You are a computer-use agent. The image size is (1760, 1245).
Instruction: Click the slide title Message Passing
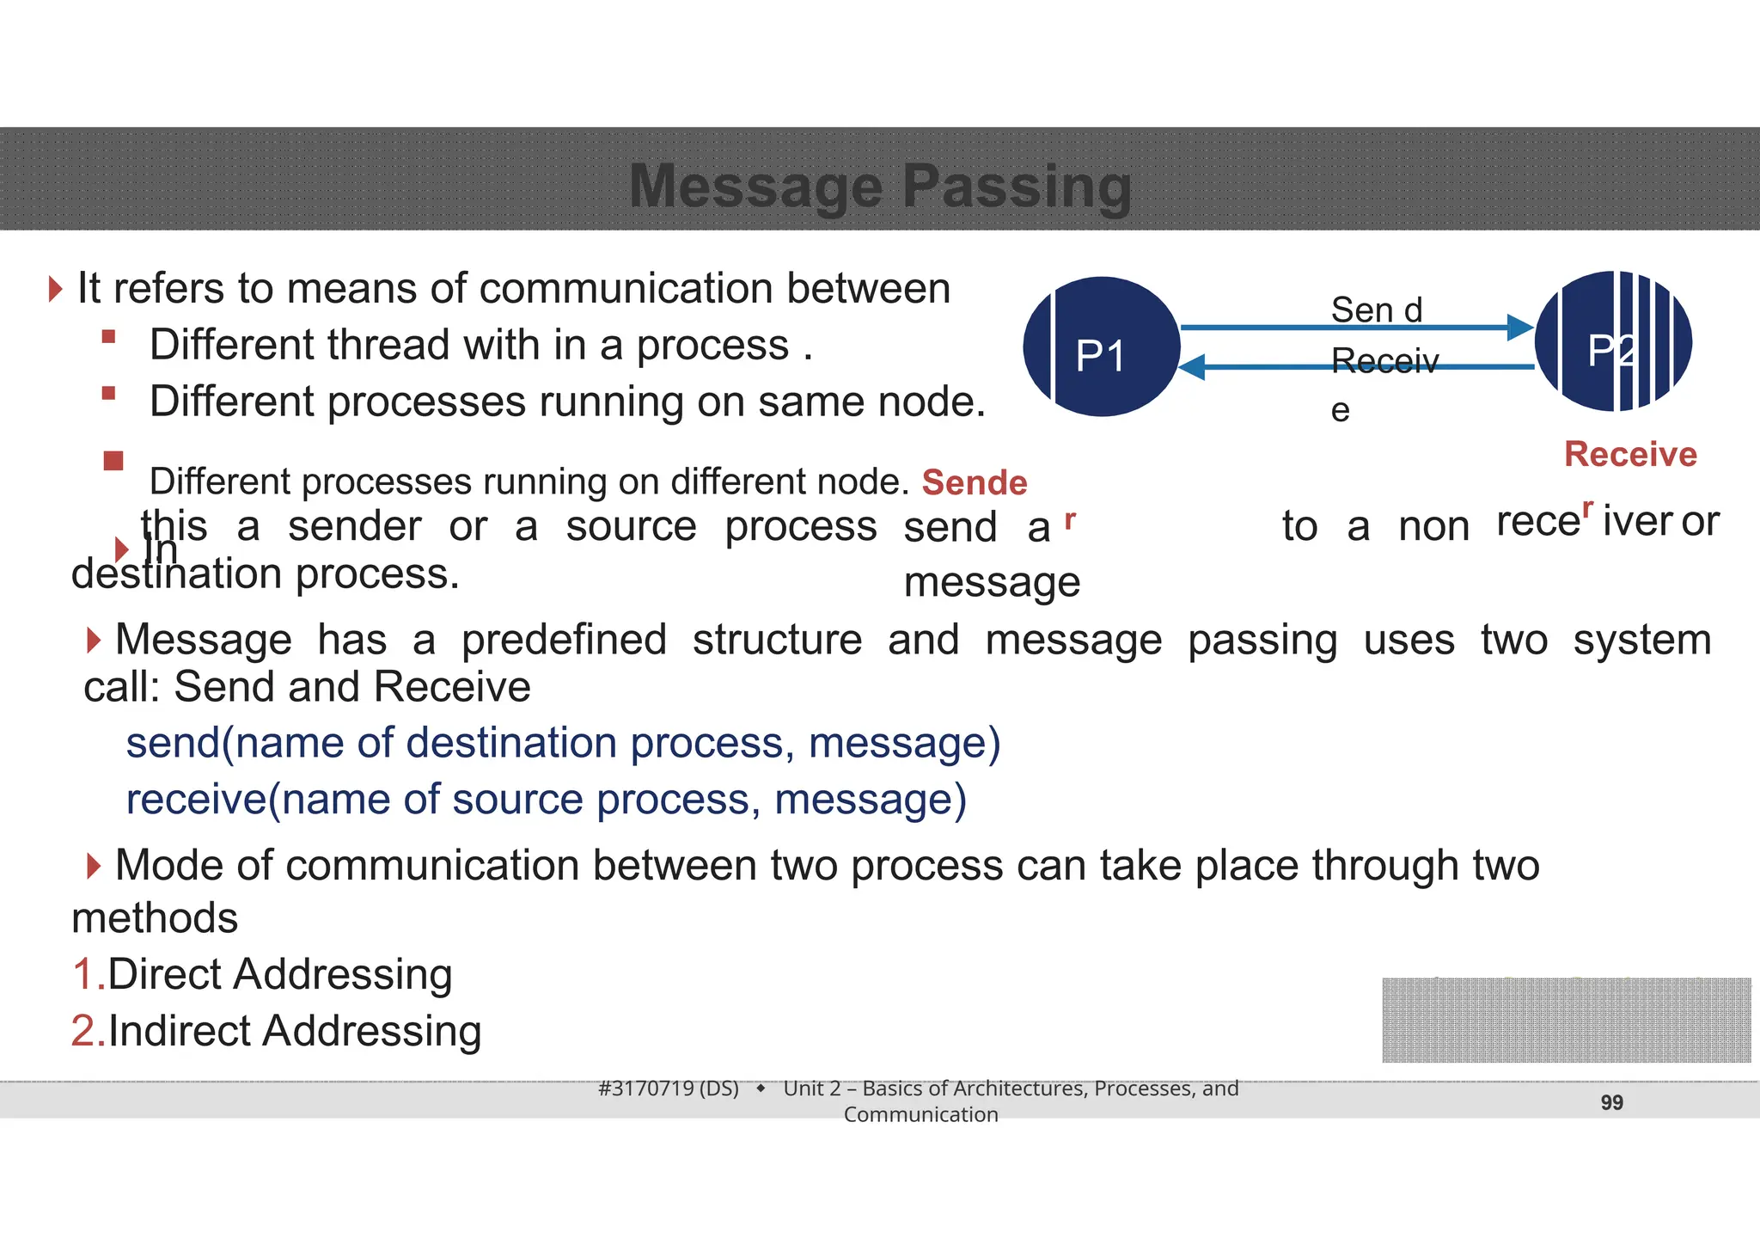880,186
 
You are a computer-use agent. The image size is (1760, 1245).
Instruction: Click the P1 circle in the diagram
1102,347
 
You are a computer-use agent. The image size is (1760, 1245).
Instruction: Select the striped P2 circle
1614,342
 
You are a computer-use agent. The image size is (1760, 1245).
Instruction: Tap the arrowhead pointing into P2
1520,328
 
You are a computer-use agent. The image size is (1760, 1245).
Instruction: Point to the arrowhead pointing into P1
1192,367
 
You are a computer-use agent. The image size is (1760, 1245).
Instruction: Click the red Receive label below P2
1630,454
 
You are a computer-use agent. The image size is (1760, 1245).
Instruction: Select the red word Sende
974,482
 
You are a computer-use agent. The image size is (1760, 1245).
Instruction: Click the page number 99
1611,1102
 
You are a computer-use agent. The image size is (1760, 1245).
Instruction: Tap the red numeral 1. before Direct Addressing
88,975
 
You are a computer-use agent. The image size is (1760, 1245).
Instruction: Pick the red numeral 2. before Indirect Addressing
88,1031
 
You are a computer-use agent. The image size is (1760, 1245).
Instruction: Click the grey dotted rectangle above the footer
1566,1020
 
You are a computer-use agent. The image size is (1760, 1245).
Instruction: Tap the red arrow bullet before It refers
56,289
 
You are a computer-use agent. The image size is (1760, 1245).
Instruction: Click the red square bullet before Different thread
108,337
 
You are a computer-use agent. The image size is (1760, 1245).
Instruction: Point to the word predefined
564,640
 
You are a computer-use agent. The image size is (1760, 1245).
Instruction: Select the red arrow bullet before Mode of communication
94,866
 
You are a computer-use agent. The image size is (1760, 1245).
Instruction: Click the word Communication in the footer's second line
920,1114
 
